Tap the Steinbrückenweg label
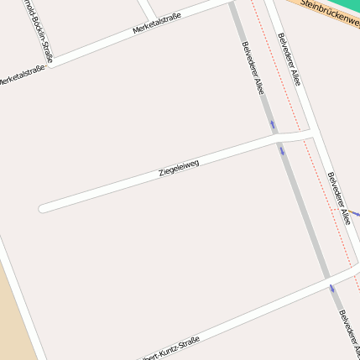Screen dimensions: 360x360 click(x=330, y=13)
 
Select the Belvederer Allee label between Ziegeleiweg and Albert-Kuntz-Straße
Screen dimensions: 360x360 click(x=339, y=198)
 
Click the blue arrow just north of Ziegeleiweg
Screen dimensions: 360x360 click(x=273, y=125)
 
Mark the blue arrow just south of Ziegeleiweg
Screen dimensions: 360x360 click(x=282, y=151)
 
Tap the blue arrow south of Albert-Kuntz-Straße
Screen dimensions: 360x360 click(x=332, y=289)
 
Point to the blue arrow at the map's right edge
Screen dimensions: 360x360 click(x=354, y=213)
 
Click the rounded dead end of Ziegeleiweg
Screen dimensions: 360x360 click(x=43, y=208)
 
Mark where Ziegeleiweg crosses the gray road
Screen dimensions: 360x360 click(x=279, y=139)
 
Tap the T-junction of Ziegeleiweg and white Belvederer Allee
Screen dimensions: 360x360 click(x=311, y=132)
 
